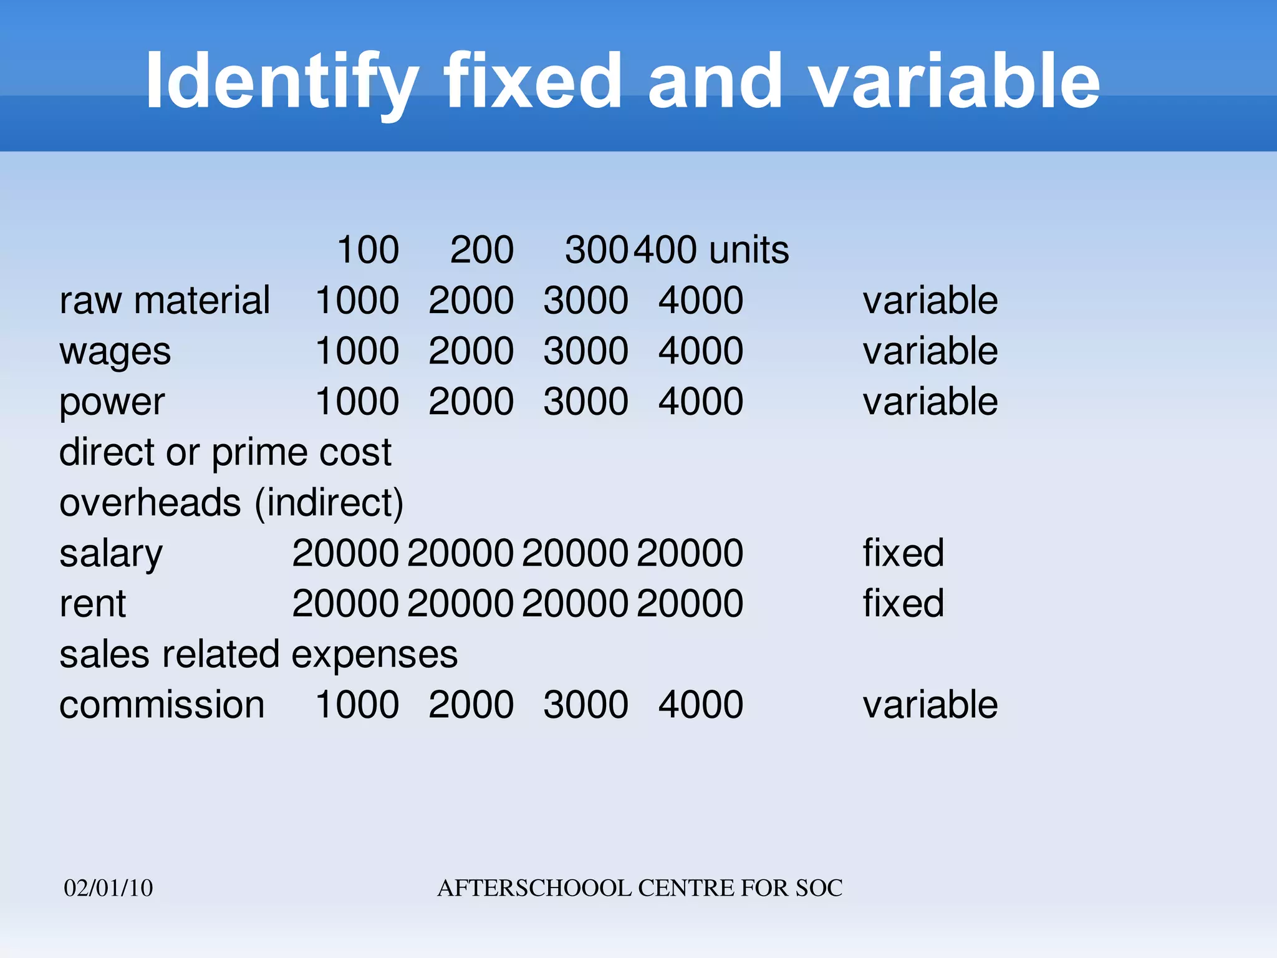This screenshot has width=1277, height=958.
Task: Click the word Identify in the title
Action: (x=281, y=81)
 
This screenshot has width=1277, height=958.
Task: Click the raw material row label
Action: (x=165, y=301)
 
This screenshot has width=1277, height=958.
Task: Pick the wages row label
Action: (x=115, y=351)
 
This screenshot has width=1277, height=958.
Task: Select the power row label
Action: (x=112, y=402)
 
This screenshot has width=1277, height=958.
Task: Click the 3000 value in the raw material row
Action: (x=585, y=301)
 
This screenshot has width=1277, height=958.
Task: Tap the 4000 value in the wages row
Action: (x=701, y=351)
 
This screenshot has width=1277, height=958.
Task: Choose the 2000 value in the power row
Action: (x=471, y=402)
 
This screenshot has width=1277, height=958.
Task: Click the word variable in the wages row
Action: (x=930, y=351)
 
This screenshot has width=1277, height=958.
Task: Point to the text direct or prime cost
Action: (x=225, y=452)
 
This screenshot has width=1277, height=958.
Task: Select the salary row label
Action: (x=111, y=554)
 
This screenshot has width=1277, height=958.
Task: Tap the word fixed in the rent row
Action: (x=903, y=604)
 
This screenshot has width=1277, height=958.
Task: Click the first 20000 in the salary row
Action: (x=345, y=553)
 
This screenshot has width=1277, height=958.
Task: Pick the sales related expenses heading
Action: (x=258, y=655)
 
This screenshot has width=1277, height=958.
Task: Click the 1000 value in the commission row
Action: (x=357, y=705)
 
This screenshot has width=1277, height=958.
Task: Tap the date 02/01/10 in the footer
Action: (x=108, y=888)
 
